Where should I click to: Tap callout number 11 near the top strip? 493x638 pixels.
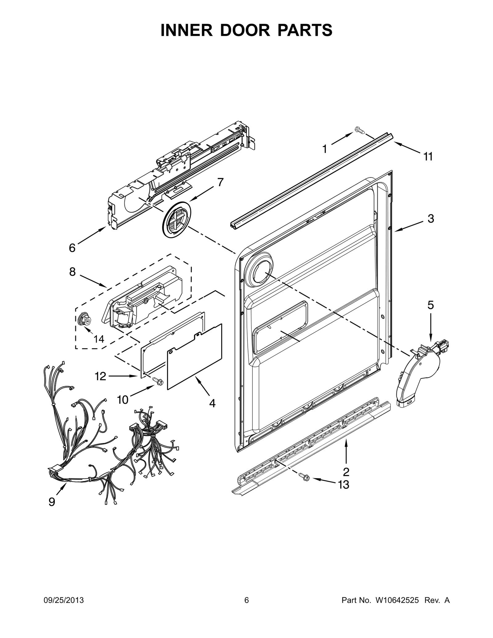(x=428, y=157)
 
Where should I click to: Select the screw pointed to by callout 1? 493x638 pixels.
(x=359, y=130)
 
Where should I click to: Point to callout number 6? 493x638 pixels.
(x=72, y=247)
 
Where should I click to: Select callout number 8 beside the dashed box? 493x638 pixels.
(x=72, y=272)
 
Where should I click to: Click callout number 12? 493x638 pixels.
(x=101, y=376)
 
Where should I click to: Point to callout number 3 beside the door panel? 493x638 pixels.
(x=431, y=219)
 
